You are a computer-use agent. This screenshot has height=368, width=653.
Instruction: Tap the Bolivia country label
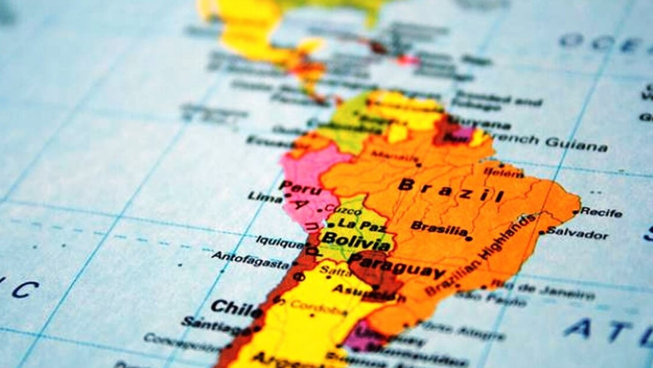click(356, 241)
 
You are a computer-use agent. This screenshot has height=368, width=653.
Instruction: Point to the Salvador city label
click(577, 234)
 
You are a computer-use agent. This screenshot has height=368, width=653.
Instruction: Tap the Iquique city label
click(280, 241)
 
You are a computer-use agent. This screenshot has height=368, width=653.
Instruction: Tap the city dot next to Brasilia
click(469, 238)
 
